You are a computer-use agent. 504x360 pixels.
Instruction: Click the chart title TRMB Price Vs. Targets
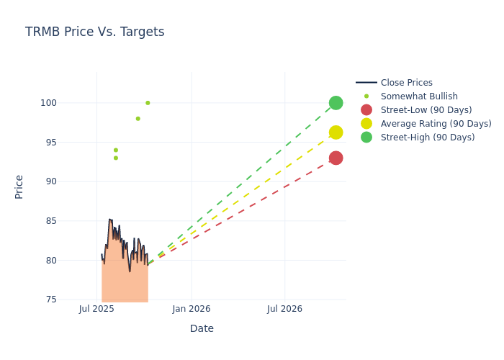(x=94, y=32)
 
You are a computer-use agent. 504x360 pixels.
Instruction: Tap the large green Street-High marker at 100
(x=336, y=103)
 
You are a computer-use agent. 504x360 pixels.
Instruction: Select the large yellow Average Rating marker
(x=336, y=132)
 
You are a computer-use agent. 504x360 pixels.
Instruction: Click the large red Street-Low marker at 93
(x=336, y=158)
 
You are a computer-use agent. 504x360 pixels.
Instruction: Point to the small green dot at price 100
(x=148, y=103)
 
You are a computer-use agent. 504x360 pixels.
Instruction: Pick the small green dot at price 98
(x=138, y=119)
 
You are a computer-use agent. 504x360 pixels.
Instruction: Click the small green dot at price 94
(x=115, y=150)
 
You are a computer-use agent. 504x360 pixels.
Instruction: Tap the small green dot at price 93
(x=115, y=158)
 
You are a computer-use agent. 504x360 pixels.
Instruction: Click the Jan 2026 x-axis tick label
(x=192, y=309)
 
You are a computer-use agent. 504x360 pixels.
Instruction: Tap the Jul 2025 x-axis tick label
(x=97, y=309)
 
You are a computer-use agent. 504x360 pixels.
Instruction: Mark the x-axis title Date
(x=202, y=328)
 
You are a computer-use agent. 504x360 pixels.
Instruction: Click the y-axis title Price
(x=19, y=186)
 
